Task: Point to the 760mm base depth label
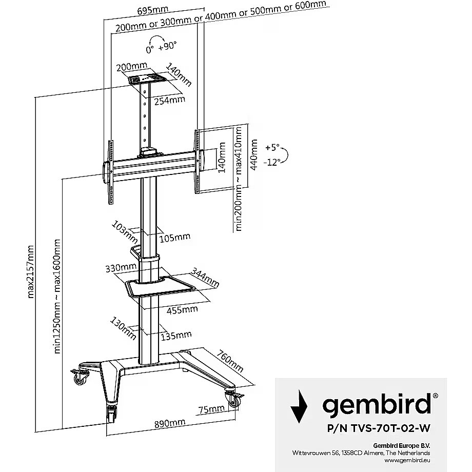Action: [x=230, y=361]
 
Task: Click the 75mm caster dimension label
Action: [x=211, y=409]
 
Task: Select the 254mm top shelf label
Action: [x=169, y=100]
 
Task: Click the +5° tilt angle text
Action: [x=272, y=148]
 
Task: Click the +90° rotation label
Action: [x=168, y=46]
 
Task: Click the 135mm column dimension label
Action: [x=176, y=336]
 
